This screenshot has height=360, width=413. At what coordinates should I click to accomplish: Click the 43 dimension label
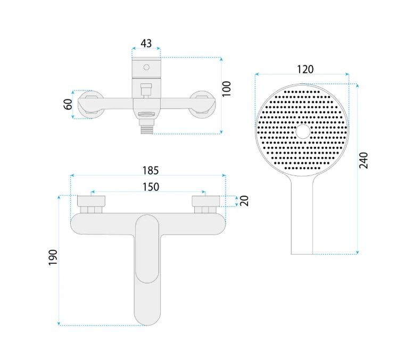coord(146,44)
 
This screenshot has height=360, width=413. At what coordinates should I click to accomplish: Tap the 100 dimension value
coord(226,89)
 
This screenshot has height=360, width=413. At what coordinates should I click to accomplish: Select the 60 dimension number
coord(68,104)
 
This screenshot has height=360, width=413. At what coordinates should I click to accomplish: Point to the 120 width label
coord(305,69)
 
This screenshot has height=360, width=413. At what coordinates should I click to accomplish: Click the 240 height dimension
coord(364,160)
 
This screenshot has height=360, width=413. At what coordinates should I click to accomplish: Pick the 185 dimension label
coord(151,171)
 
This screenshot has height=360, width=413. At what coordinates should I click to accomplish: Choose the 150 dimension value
coord(151,187)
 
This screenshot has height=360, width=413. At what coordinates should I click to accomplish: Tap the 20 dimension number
coord(244,201)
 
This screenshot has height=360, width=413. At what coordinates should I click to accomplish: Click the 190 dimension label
coord(53,257)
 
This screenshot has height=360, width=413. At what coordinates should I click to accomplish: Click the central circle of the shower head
coord(303,131)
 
